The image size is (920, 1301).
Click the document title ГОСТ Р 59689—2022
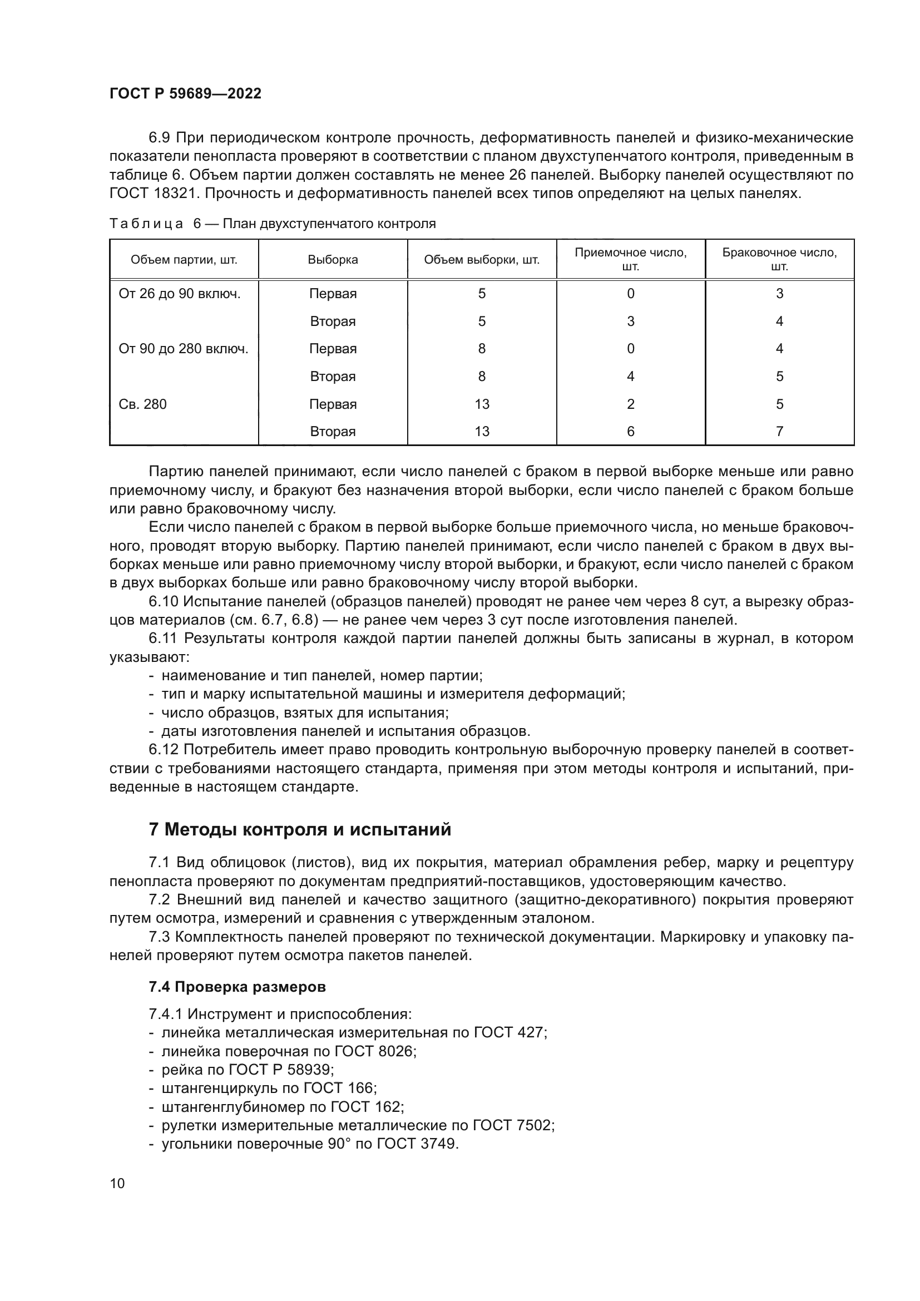(185, 94)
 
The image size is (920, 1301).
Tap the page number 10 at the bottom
(117, 1183)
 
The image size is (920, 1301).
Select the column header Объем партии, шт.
(184, 260)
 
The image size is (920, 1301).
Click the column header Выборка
(333, 260)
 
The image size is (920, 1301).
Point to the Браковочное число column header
(779, 260)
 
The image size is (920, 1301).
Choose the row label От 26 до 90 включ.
(180, 294)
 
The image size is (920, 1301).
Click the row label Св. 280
(143, 404)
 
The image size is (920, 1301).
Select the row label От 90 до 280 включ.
(184, 349)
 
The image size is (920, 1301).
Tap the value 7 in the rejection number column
(779, 431)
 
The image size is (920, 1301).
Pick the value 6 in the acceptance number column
(631, 431)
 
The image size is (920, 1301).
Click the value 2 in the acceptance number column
(631, 404)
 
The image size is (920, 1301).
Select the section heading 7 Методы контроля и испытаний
(300, 829)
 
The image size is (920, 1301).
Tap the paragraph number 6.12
(164, 750)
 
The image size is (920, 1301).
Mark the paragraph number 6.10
(164, 601)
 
